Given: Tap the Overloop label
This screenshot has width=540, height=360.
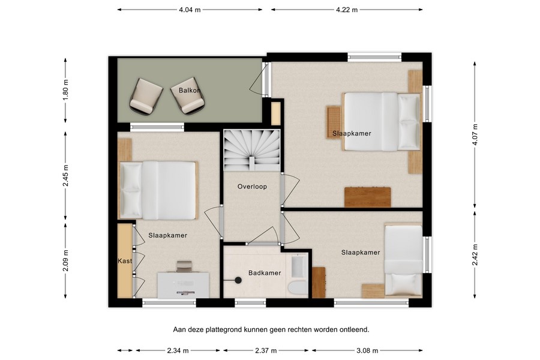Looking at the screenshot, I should [x=252, y=187].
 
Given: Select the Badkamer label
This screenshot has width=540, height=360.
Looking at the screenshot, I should [x=265, y=273].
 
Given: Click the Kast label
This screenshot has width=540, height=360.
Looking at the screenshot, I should [x=125, y=261].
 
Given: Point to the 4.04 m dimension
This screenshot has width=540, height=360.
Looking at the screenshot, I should [x=190, y=10].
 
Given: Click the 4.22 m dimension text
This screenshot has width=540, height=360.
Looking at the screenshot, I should [x=347, y=10].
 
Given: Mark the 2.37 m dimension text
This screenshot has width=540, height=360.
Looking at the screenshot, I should [x=265, y=350].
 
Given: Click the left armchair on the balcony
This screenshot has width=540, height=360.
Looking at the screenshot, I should [x=145, y=96].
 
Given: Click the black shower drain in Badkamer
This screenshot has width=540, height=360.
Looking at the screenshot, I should [x=238, y=280].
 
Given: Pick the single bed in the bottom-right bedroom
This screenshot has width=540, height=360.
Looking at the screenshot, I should [x=403, y=260].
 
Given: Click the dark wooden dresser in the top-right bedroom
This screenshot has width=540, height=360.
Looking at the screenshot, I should [x=367, y=197].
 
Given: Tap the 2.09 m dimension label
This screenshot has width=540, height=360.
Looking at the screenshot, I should [x=66, y=261].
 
